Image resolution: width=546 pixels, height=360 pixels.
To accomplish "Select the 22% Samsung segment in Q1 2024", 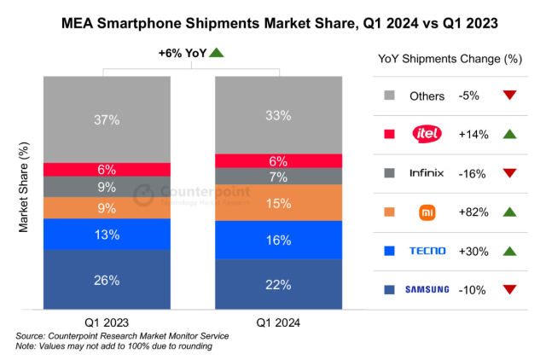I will coord(277,284).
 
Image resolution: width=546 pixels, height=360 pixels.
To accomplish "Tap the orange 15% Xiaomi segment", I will coord(277,203).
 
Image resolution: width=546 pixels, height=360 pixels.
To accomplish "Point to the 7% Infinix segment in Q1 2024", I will coord(277,177).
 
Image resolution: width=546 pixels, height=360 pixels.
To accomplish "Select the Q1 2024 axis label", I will coord(277,322).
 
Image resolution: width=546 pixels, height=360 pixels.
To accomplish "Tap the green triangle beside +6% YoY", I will coord(217,53).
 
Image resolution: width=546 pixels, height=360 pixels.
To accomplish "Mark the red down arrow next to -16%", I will coord(510,172).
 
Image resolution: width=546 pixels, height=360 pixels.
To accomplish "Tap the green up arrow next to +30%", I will coord(510,251).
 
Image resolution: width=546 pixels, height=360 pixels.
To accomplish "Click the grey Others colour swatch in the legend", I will coord(389,94).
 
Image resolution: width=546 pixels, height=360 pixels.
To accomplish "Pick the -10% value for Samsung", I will coord(471,290).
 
